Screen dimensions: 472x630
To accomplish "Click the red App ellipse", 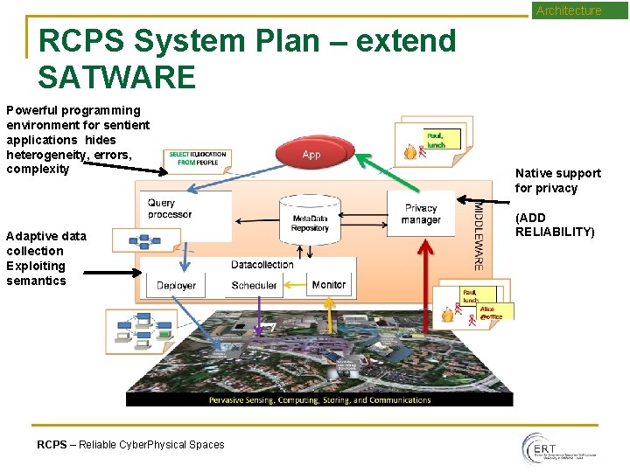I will point(311,154).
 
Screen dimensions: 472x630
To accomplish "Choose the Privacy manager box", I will point(421,214).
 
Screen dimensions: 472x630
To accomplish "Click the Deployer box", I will point(176,285).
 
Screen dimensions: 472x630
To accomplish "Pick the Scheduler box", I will point(254,285).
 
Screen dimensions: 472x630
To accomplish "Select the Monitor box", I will point(329,284).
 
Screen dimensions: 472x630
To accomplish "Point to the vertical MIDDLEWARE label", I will point(478,234).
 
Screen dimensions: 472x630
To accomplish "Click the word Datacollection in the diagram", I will point(262,265).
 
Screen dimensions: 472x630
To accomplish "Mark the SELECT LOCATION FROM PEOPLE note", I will point(198,158).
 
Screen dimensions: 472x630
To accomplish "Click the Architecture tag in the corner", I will point(569,10).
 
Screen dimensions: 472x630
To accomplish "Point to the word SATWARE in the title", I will point(116,78).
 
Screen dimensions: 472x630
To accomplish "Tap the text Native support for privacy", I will point(557,180).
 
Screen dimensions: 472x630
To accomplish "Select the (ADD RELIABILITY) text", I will point(555,225).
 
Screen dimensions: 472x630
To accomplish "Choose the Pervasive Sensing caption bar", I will point(319,400).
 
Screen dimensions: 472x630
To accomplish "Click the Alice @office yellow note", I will point(491,312).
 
